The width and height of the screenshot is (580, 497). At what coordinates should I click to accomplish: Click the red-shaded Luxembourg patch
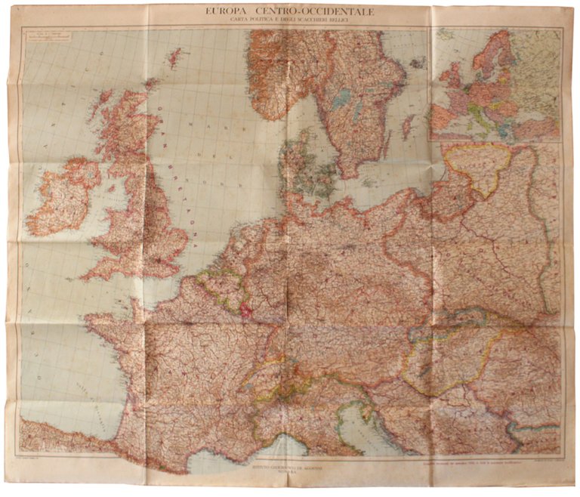click(245, 309)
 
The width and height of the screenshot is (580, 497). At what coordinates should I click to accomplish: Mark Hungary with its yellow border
click(446, 363)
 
